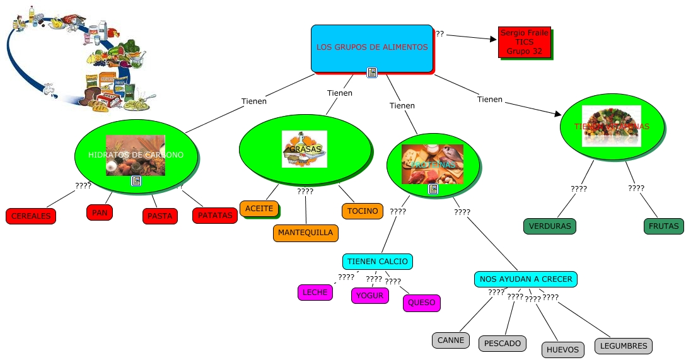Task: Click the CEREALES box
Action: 31,216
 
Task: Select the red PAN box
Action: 100,213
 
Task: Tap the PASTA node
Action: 160,216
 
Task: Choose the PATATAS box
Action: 215,216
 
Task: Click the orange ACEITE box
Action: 259,209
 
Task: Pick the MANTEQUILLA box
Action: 305,233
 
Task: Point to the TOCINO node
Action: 363,211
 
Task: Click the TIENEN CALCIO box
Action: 378,261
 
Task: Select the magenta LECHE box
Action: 315,293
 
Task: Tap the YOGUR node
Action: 369,295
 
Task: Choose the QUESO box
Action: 422,303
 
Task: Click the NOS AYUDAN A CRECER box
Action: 526,279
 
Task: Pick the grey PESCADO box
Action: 503,344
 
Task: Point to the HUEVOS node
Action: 562,349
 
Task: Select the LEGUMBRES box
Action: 624,346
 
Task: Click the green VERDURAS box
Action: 550,226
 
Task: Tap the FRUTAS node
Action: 663,226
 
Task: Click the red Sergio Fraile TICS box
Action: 524,42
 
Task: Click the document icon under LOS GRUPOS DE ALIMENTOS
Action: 372,73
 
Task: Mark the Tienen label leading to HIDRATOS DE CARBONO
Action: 254,101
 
